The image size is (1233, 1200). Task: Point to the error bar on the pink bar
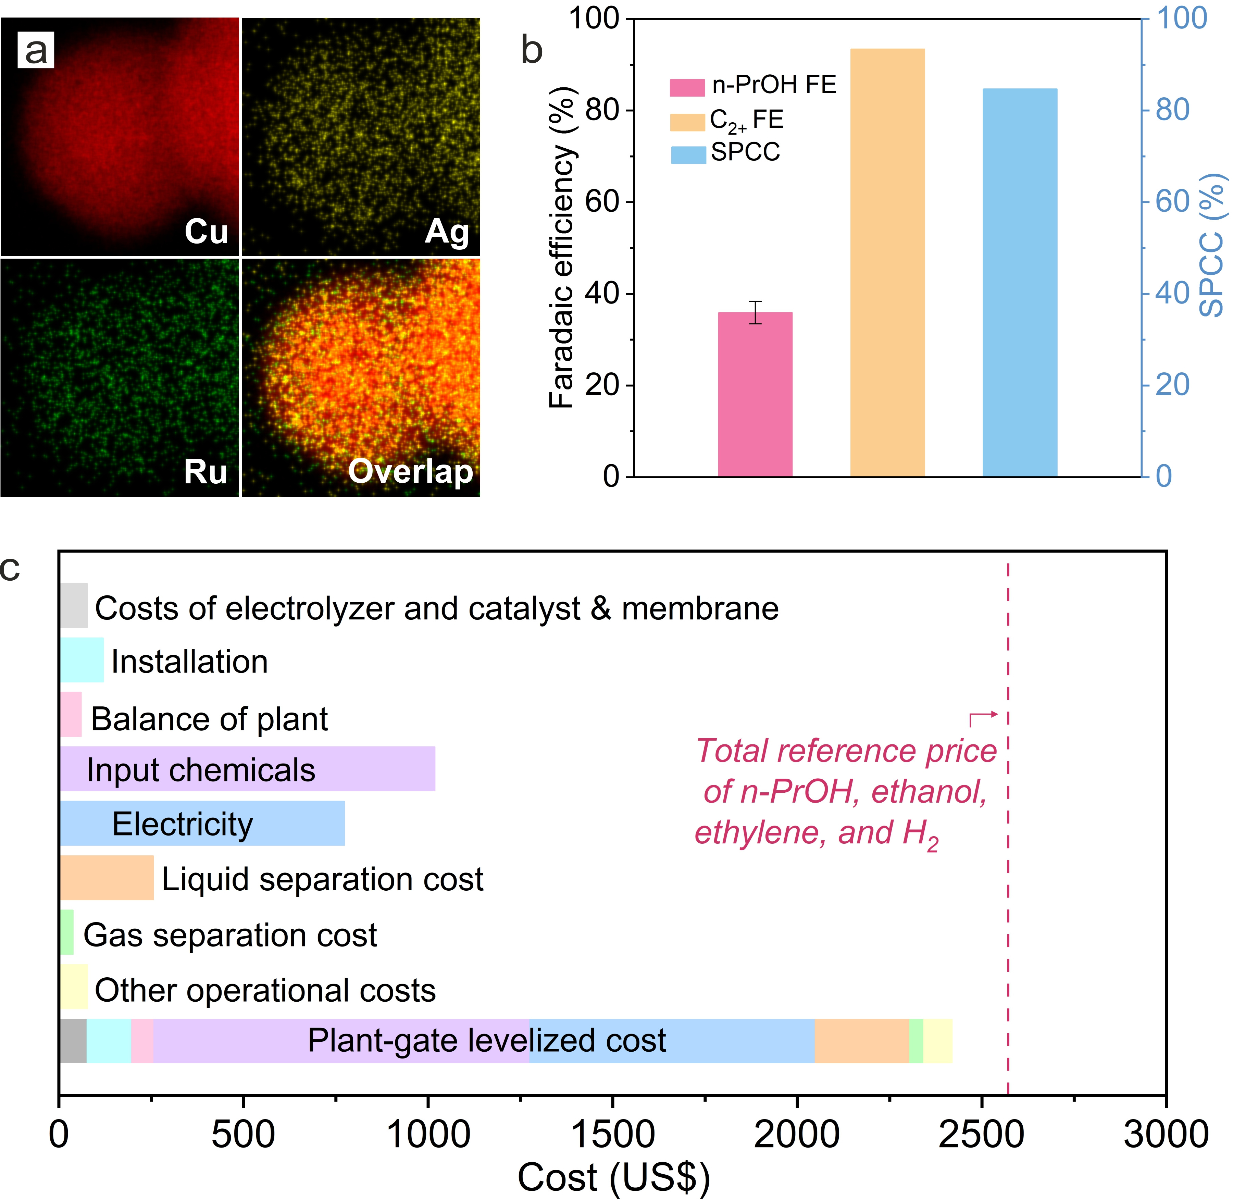pos(755,312)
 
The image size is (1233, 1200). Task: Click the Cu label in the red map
pos(206,231)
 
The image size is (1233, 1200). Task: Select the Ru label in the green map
pos(206,471)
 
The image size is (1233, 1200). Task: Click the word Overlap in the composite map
pos(410,471)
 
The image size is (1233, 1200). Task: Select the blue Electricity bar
pos(202,823)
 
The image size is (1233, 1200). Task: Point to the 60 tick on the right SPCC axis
pos(1172,202)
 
